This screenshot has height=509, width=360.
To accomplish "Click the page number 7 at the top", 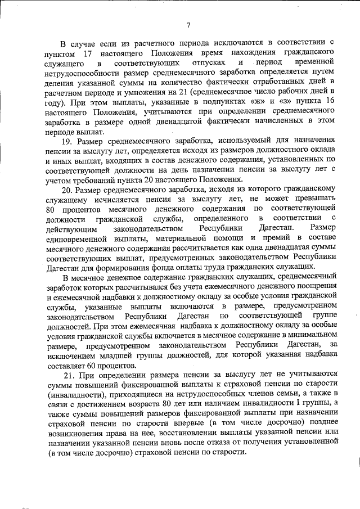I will coord(188,24).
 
